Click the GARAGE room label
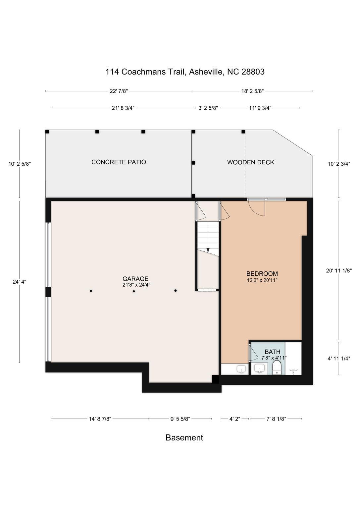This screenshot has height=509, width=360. tap(135, 279)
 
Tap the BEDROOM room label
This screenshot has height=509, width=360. tap(262, 274)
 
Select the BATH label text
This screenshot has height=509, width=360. tap(272, 352)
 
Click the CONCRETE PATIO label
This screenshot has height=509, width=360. tap(119, 162)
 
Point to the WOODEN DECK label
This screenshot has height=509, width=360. tap(250, 162)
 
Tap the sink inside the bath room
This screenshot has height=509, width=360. tap(259, 368)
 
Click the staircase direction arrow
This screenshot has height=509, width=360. tap(208, 250)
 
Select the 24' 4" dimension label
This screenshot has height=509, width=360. tap(19, 282)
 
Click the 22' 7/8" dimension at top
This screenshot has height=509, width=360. tap(119, 91)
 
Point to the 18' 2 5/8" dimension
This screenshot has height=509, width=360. tap(252, 91)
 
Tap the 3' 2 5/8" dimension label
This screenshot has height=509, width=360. tap(208, 108)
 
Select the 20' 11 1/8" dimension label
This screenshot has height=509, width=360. tap(339, 270)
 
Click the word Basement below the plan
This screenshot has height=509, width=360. tap(184, 437)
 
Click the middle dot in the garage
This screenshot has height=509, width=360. tap(134, 291)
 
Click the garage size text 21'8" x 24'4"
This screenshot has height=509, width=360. tap(136, 285)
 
